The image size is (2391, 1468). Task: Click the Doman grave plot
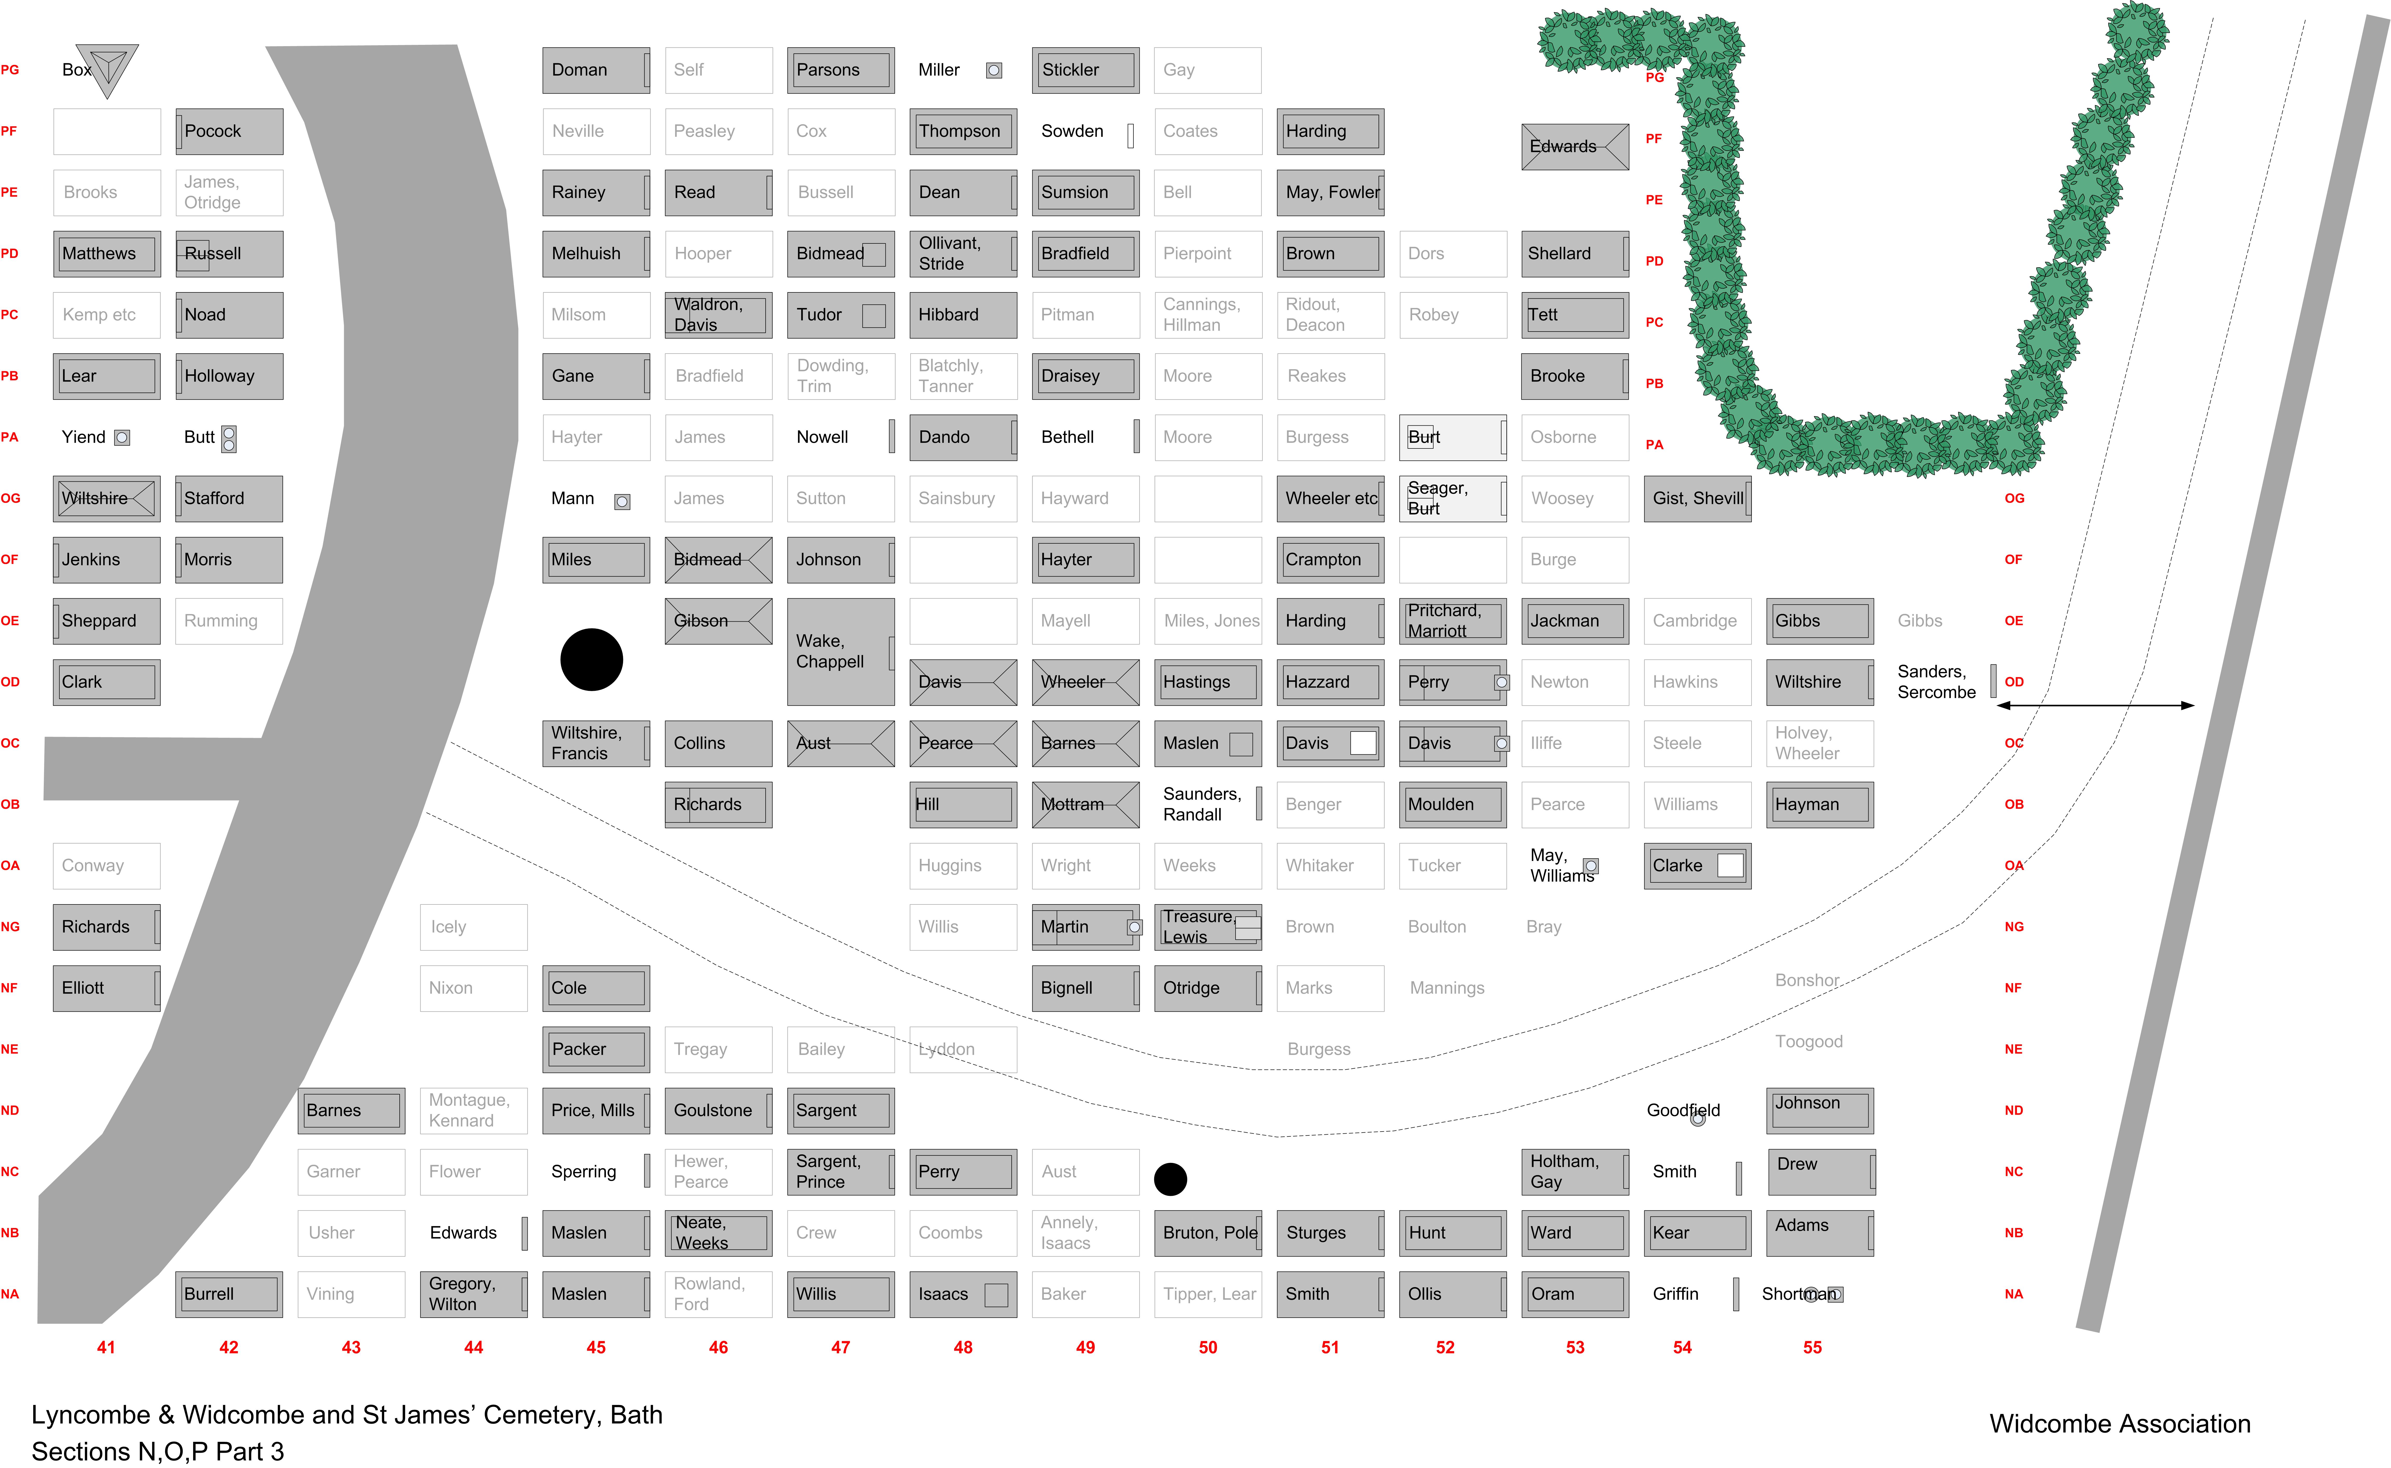click(596, 70)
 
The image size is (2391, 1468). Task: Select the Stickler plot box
click(1085, 70)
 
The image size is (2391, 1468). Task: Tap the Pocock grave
click(229, 131)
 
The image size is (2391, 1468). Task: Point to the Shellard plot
click(1575, 254)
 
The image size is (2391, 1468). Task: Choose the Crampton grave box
click(1330, 559)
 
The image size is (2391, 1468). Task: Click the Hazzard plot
click(1330, 682)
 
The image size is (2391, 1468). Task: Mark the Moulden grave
click(1452, 804)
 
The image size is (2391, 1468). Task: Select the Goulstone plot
click(718, 1110)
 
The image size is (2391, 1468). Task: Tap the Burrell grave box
click(229, 1293)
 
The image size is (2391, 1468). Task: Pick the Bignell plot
click(1085, 987)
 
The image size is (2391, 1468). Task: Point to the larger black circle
click(591, 659)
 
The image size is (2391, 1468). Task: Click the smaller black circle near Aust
click(1170, 1179)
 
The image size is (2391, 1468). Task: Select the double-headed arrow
click(2095, 705)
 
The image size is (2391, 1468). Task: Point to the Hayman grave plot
click(1819, 804)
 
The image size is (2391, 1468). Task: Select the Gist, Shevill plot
click(1697, 498)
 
